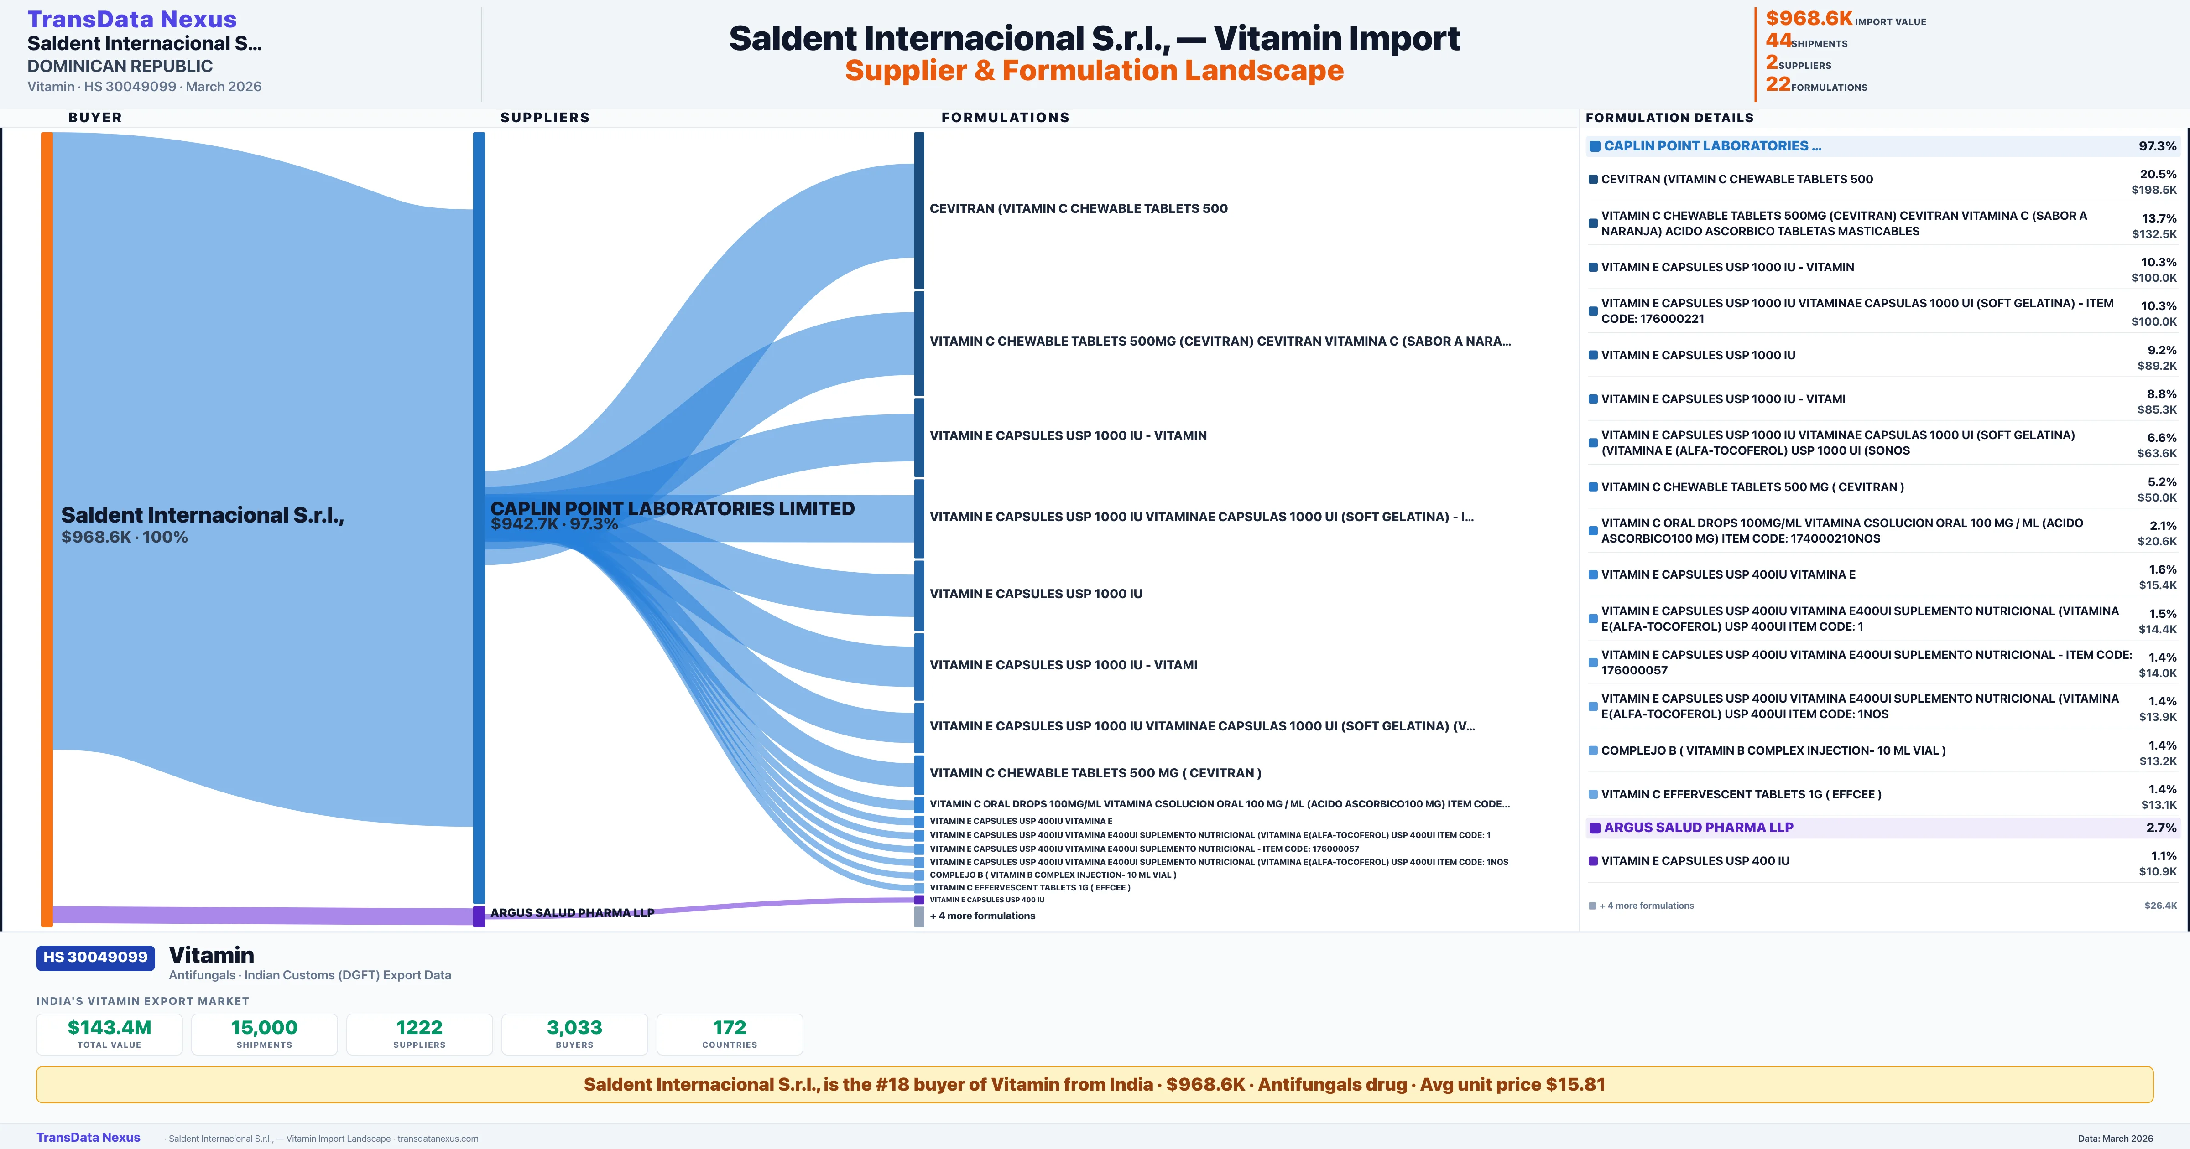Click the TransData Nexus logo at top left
132,19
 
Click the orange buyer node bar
47,528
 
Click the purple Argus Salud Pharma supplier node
479,916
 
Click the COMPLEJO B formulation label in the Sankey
1053,875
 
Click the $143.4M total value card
109,1034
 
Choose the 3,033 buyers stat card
575,1034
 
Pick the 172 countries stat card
730,1034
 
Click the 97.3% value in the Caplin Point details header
2158,146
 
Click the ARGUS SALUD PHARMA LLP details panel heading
1699,828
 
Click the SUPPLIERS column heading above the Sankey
545,117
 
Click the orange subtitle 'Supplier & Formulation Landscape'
1094,71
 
